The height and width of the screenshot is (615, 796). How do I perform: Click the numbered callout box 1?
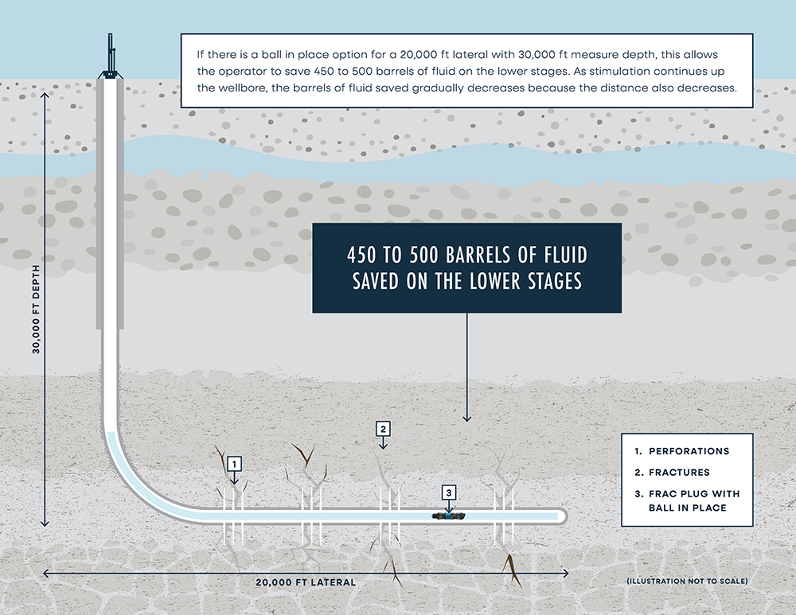point(233,462)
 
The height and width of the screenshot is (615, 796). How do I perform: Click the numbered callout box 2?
point(383,429)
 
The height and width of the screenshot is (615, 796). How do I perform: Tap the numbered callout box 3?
point(449,493)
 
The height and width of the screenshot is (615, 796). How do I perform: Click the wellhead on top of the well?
point(110,60)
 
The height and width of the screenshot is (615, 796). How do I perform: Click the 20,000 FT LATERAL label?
point(306,582)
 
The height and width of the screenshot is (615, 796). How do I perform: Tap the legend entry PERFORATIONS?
point(689,451)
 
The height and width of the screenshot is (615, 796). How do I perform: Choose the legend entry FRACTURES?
point(679,473)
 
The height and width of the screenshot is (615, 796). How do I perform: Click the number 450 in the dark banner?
point(365,256)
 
